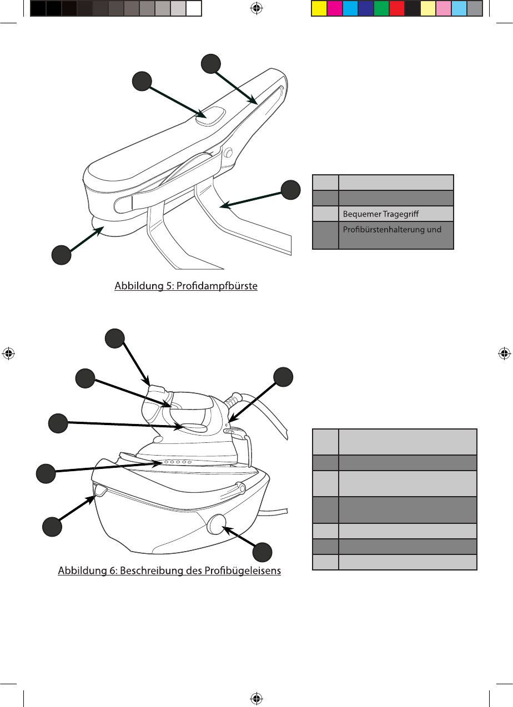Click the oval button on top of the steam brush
tap(209, 117)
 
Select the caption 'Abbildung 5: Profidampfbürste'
tap(186, 287)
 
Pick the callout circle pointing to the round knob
tap(263, 553)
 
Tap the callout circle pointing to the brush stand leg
tap(290, 190)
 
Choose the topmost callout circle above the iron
tap(115, 339)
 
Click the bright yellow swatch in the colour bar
tap(319, 8)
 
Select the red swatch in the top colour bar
tap(396, 8)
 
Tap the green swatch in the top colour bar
tap(381, 8)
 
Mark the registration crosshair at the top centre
tap(256, 8)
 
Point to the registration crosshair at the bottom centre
tap(256, 698)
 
